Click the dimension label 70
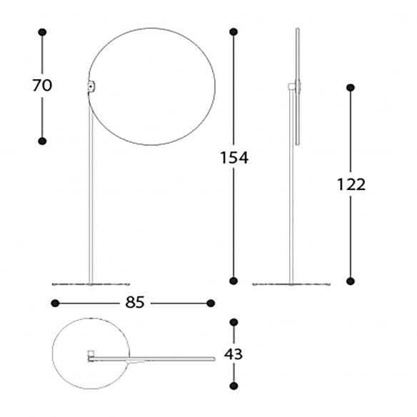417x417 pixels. pyautogui.click(x=42, y=86)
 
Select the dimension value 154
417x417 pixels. pyautogui.click(x=234, y=157)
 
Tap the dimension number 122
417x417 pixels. pyautogui.click(x=351, y=184)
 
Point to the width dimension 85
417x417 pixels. pyautogui.click(x=135, y=302)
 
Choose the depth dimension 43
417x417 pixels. pyautogui.click(x=233, y=354)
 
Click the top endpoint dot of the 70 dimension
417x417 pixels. pyautogui.click(x=42, y=32)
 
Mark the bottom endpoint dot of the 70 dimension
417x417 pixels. pyautogui.click(x=42, y=141)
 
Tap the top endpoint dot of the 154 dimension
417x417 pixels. pyautogui.click(x=233, y=32)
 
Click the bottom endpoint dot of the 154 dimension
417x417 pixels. pyautogui.click(x=233, y=281)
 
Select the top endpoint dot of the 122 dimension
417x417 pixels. pyautogui.click(x=351, y=88)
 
